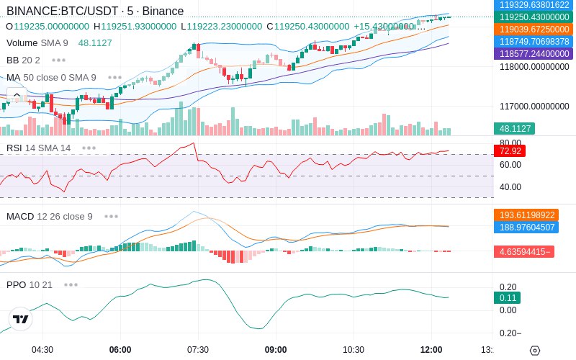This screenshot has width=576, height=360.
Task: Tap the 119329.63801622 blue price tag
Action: click(534, 5)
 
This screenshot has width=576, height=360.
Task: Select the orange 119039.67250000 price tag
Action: click(534, 29)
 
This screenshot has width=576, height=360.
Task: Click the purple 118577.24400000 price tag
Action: click(534, 53)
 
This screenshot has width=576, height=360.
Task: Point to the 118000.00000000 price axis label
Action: click(534, 66)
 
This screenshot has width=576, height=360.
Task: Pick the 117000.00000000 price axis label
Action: click(534, 106)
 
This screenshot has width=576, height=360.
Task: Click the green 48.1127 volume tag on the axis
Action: click(515, 129)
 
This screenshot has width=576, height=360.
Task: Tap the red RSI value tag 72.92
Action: click(510, 151)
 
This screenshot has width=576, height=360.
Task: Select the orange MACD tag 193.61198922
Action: click(526, 215)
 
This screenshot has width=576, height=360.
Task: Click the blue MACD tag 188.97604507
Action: click(526, 227)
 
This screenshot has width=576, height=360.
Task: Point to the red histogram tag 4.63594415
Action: click(524, 251)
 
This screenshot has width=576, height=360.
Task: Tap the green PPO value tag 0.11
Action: click(508, 297)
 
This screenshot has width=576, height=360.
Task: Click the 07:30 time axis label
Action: click(198, 350)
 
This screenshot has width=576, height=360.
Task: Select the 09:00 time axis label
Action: click(276, 350)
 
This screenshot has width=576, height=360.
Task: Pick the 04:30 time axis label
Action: click(42, 350)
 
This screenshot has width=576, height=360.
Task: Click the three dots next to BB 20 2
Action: click(59, 60)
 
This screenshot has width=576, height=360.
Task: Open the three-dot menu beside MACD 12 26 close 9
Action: click(112, 217)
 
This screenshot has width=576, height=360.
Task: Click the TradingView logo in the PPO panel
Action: click(21, 319)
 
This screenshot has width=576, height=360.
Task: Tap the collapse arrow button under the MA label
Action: click(17, 95)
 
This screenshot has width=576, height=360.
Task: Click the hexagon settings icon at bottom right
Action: click(535, 351)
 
